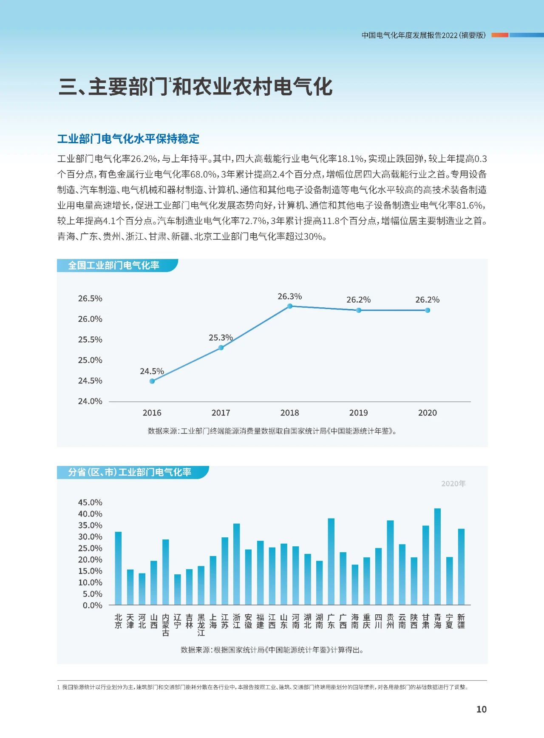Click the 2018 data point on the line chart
click(x=290, y=306)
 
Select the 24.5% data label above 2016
click(x=152, y=371)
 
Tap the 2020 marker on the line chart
click(x=428, y=310)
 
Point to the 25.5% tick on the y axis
click(x=90, y=340)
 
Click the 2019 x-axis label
click(x=358, y=413)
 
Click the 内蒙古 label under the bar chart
click(x=166, y=624)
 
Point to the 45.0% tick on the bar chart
click(x=90, y=502)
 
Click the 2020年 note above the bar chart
click(x=453, y=484)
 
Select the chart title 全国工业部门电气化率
click(x=113, y=266)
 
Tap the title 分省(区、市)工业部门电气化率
click(x=130, y=472)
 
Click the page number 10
click(x=481, y=709)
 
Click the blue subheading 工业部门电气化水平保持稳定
click(x=128, y=139)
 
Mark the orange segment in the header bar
click(x=500, y=35)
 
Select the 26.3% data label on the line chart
click(x=289, y=296)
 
